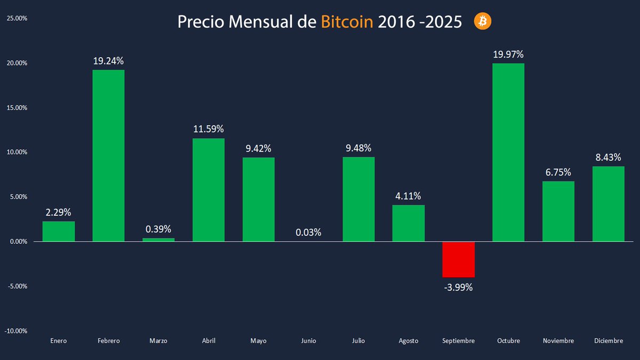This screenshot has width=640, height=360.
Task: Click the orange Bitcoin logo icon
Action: point(483,21)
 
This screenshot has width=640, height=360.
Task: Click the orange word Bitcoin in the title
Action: point(347,22)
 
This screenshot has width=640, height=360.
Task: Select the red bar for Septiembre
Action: point(458,259)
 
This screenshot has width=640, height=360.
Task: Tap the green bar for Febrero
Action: point(108,155)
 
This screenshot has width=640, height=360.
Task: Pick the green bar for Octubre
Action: point(508,153)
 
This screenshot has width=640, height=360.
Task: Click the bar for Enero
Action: point(59,231)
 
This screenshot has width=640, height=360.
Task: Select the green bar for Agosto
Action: point(409,223)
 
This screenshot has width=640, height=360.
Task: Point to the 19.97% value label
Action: point(508,54)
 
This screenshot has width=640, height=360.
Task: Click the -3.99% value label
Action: point(458,287)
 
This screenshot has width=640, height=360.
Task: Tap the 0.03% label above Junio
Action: point(308,232)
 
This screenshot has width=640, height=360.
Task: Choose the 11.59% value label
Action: point(208,129)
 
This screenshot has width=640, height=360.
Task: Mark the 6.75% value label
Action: point(558,172)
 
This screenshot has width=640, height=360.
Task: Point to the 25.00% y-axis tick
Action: point(17,18)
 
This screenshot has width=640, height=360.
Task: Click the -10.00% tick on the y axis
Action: point(16,331)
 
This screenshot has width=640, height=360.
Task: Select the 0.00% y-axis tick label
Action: point(17,242)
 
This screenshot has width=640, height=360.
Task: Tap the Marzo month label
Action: point(158,341)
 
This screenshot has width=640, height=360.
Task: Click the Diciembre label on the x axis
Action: point(608,341)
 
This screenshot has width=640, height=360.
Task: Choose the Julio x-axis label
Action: point(358,341)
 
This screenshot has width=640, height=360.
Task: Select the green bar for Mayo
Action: point(258,199)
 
